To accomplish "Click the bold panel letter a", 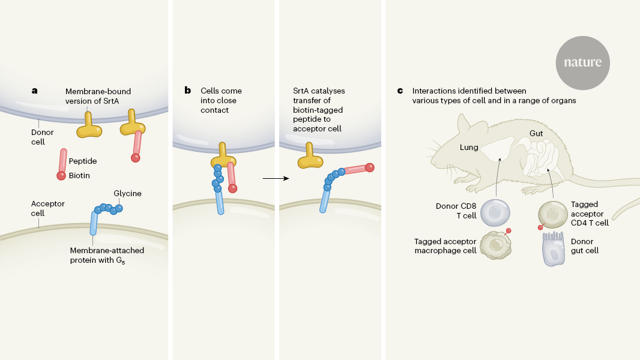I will tap(34, 91).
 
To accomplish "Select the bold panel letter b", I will tap(187, 91).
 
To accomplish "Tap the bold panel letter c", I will tap(400, 91).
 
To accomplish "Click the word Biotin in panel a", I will tap(79, 176).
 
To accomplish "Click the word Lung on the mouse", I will tap(468, 146).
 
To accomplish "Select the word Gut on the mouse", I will tap(536, 133).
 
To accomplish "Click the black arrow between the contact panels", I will tap(273, 178).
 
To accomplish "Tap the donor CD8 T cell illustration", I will tap(495, 213).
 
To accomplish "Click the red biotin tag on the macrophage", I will tap(509, 231).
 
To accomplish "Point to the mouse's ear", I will tap(466, 124).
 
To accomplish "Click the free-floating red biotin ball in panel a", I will tap(61, 176).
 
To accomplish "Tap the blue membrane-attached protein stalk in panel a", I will tap(94, 223).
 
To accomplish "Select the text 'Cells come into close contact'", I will tap(221, 100).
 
